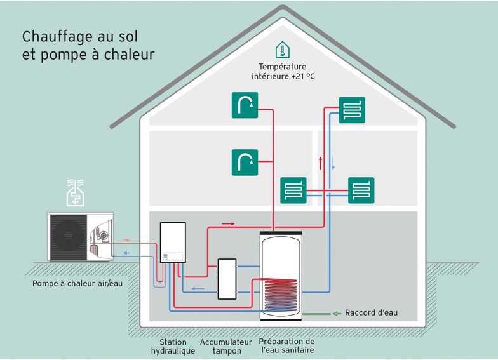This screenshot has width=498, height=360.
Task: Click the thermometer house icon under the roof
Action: (x=282, y=50)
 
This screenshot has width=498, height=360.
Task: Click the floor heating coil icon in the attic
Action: (x=351, y=109)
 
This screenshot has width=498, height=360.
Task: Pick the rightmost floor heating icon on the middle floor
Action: (x=361, y=190)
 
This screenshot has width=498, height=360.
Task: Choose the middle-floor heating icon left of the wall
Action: (x=293, y=190)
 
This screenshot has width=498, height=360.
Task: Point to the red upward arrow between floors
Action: (x=320, y=163)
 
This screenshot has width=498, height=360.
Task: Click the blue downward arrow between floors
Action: (x=332, y=163)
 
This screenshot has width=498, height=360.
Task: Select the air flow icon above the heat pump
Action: (x=75, y=192)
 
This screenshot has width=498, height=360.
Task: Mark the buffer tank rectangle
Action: (x=227, y=279)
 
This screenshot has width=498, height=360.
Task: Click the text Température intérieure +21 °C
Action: (x=283, y=71)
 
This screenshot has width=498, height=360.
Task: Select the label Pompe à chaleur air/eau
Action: (x=77, y=283)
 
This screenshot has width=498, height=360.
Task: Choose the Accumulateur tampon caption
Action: (x=226, y=346)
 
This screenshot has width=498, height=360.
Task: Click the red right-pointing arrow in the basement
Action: (x=228, y=223)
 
